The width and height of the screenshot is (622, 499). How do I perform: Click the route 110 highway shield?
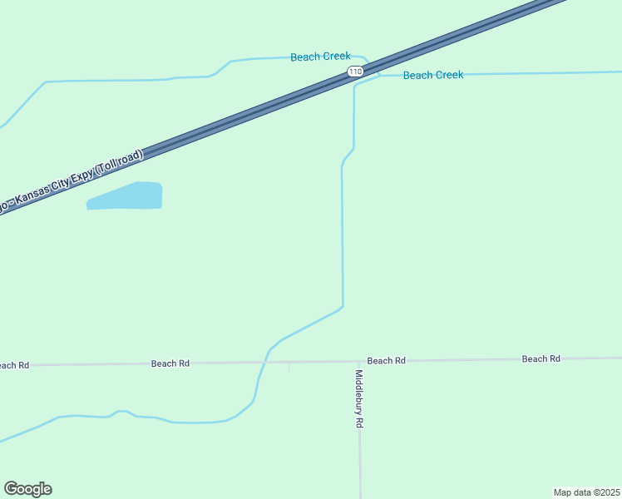tap(356, 72)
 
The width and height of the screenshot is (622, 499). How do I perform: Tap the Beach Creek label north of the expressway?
tap(320, 57)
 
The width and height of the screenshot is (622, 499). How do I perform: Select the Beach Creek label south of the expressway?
tap(432, 75)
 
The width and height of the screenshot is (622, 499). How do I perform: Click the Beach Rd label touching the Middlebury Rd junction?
tap(386, 360)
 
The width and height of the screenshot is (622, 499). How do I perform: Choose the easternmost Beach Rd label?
tap(541, 358)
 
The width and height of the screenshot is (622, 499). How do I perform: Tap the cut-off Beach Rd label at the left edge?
tap(13, 365)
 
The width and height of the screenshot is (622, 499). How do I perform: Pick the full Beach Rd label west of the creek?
tap(170, 363)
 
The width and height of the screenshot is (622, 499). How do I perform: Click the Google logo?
tap(27, 489)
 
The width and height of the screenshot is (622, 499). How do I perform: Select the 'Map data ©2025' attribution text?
tap(586, 492)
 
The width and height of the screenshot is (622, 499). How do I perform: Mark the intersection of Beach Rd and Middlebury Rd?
tap(358, 361)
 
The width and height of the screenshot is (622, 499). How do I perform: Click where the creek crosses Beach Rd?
tap(264, 363)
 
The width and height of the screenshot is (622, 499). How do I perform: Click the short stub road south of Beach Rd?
tap(289, 367)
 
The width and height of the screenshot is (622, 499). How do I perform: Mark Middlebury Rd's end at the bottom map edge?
tap(360, 496)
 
